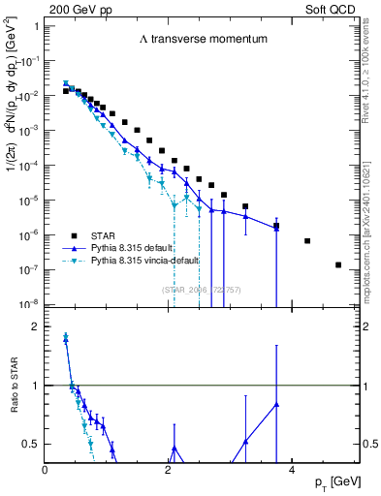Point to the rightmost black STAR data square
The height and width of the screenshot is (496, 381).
point(338,264)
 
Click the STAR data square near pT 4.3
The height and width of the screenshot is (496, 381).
point(307,241)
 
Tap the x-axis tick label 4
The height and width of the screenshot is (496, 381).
point(291,469)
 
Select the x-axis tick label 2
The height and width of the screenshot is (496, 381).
point(169,469)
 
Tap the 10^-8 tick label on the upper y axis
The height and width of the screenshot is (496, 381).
point(27,304)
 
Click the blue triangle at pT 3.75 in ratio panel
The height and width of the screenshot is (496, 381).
point(276,404)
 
